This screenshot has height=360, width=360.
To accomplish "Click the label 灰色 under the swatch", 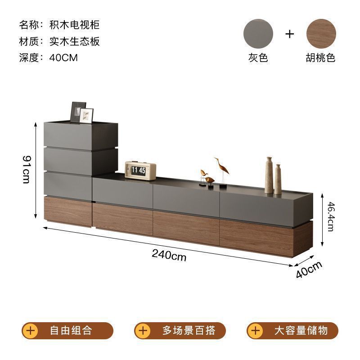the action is tap(258, 58).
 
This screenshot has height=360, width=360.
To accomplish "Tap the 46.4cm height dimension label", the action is tap(331, 216).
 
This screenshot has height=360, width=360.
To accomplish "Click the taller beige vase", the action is tap(269, 175).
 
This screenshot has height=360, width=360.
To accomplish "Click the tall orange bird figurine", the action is tap(221, 171).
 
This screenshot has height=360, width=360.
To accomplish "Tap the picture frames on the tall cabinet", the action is tap(82, 112).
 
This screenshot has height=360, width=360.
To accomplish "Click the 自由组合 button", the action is tap(67, 331).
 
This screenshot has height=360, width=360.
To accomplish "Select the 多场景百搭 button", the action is tap(180, 331).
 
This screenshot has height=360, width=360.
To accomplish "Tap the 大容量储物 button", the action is tap(292, 331).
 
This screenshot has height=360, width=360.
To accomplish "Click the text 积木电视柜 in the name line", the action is tap(74, 24).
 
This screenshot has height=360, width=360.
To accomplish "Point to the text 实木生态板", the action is tap(74, 41).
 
